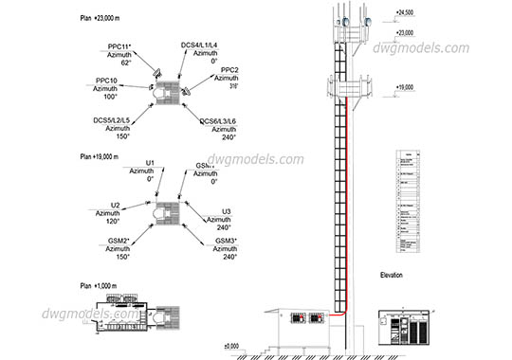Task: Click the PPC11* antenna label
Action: [120, 45]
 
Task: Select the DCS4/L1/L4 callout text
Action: [199, 45]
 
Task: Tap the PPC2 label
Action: [229, 70]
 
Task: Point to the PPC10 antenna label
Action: [107, 81]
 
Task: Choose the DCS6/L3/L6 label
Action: [219, 120]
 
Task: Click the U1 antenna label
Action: [150, 163]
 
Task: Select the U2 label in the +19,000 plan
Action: [115, 205]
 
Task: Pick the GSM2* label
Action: [119, 242]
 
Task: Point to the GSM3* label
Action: [226, 242]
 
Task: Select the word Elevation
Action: [391, 275]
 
